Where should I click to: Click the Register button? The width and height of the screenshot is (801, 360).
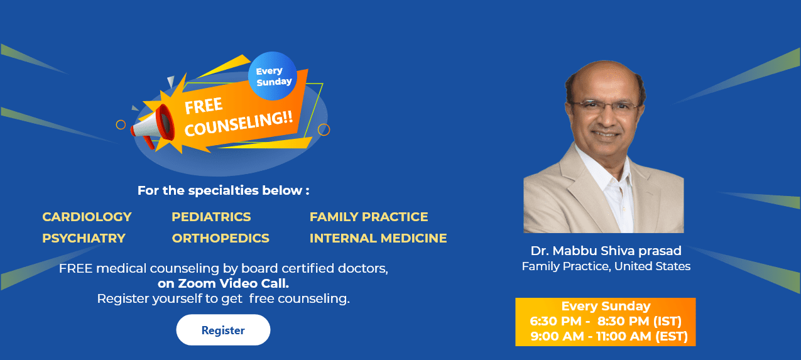click(223, 330)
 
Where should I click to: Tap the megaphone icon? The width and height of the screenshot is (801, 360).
click(153, 126)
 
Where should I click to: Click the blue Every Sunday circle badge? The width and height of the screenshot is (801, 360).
click(273, 76)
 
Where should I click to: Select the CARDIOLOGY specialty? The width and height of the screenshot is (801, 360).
click(87, 217)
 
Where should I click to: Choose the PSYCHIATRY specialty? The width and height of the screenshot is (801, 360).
click(84, 238)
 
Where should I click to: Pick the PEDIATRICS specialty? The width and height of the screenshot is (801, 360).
click(211, 217)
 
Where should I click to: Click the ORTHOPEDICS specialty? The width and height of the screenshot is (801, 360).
click(221, 238)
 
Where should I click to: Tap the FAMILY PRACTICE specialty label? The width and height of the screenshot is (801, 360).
click(369, 217)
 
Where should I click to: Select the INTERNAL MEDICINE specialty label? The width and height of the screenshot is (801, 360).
click(378, 238)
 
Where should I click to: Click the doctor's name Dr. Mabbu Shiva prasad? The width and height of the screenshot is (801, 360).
click(606, 251)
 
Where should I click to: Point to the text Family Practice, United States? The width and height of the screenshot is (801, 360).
click(606, 266)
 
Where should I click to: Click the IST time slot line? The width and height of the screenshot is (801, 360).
click(606, 321)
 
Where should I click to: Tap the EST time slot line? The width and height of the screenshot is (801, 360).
click(609, 336)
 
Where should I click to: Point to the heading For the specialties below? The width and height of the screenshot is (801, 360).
click(223, 190)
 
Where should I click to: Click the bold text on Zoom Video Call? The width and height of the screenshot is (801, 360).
click(223, 283)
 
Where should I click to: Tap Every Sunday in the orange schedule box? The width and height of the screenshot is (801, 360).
click(606, 306)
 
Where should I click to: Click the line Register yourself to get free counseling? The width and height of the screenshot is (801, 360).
click(223, 298)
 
